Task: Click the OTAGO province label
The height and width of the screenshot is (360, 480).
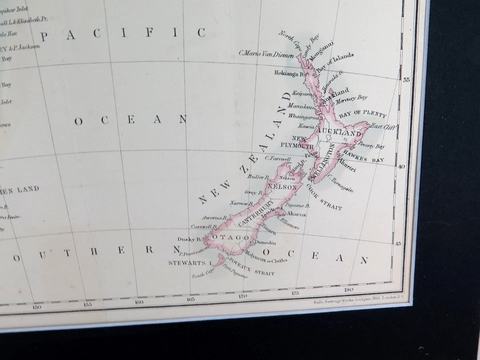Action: (231, 237)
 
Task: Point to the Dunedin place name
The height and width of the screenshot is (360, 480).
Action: (265, 242)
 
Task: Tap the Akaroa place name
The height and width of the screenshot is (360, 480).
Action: (296, 213)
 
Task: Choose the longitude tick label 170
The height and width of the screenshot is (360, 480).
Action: (242, 296)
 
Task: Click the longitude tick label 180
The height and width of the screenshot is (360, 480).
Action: (348, 289)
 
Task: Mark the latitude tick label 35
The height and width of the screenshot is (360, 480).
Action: (406, 79)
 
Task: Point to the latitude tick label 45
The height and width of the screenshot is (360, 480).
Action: (398, 243)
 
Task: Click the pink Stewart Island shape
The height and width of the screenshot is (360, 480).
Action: (218, 260)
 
